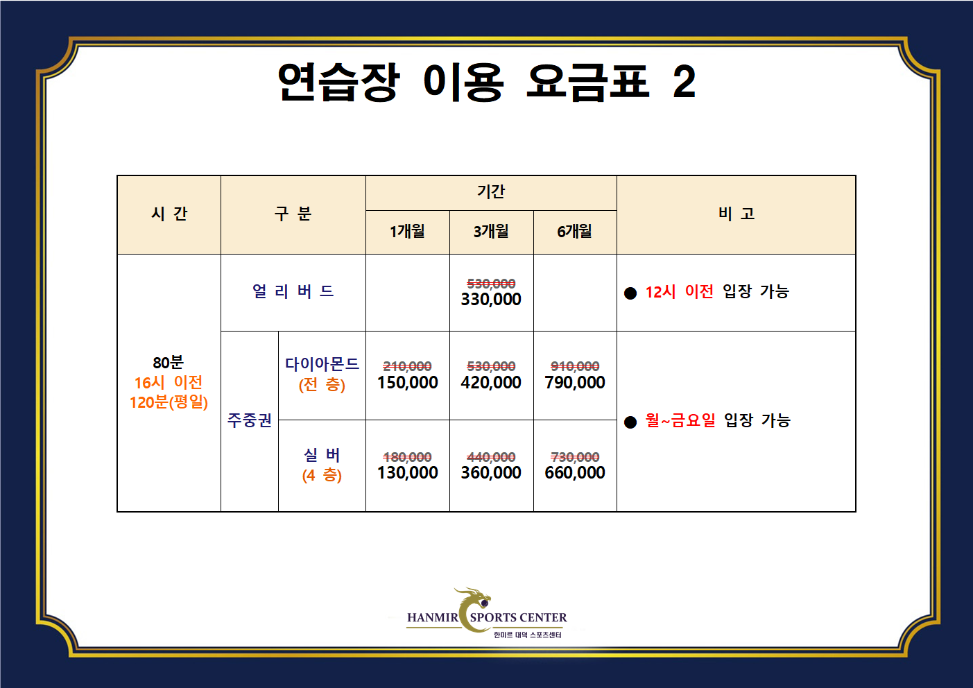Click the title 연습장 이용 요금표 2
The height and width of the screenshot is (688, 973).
point(486,82)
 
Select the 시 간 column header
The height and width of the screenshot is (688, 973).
point(169,214)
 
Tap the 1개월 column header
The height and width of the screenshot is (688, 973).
point(407,231)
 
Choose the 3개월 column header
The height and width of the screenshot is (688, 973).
point(491,231)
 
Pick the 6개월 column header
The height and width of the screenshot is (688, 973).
point(575,231)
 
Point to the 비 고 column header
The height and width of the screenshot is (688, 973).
point(736,214)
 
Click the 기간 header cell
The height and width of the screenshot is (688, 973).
point(491,191)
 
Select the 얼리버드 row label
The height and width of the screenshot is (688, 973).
point(293,291)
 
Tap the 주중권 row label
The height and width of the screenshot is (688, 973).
point(250,420)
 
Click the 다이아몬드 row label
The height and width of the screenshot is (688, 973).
point(322,364)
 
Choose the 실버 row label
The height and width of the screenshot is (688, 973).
point(322,455)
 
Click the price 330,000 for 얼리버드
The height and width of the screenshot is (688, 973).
point(491,300)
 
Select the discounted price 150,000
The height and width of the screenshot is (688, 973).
point(408,383)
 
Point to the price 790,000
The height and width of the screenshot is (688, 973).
point(575,383)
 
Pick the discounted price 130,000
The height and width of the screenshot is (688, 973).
point(408,473)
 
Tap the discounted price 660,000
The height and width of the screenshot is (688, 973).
point(575,473)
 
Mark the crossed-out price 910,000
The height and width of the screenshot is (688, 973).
point(575,366)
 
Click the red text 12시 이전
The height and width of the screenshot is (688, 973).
point(679,292)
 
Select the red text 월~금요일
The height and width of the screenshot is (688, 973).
point(680,420)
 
